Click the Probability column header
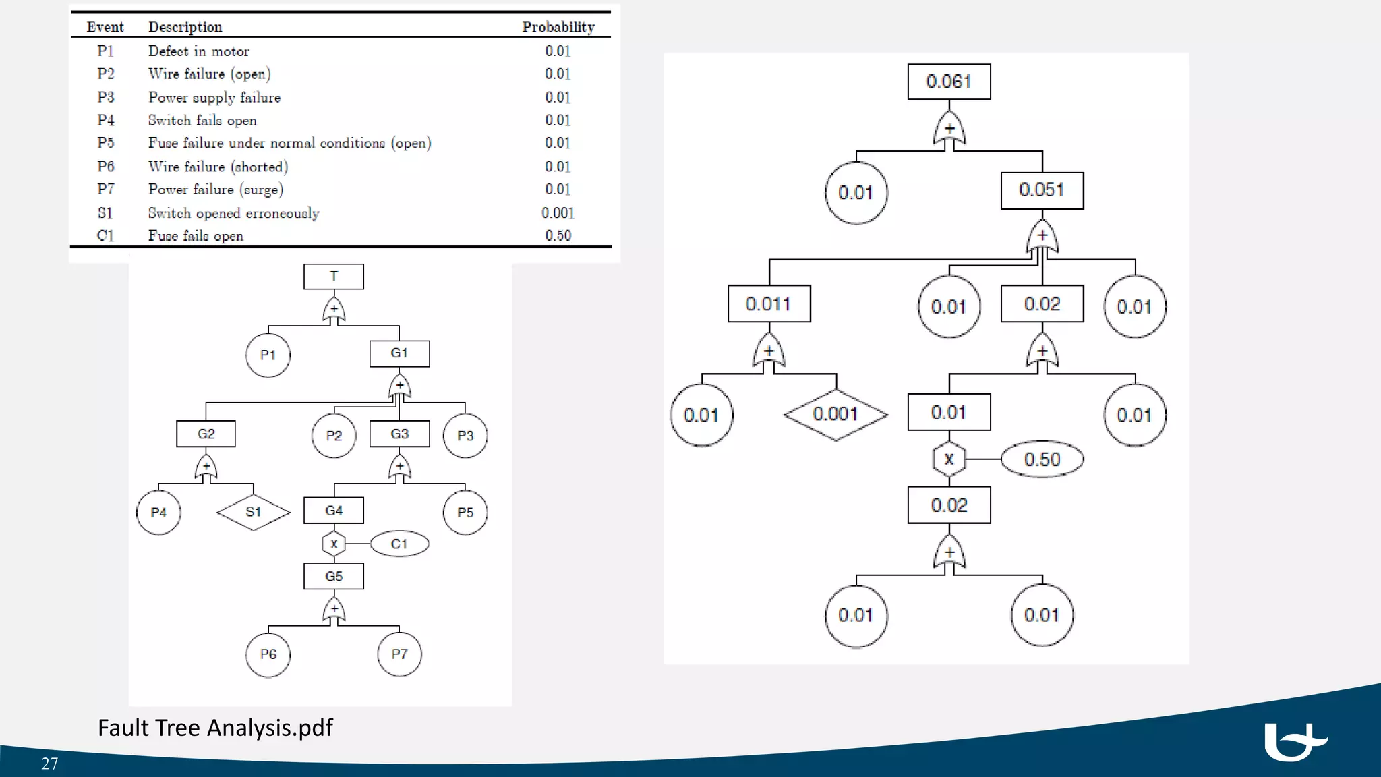coord(558,27)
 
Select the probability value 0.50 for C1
coord(558,235)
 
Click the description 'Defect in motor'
coord(198,51)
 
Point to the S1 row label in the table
coord(105,213)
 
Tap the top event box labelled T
coord(334,277)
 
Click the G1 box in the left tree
coord(399,353)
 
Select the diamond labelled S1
coord(254,512)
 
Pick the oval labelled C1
coord(399,544)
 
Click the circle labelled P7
coord(399,654)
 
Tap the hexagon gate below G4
coord(334,544)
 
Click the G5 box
coord(334,577)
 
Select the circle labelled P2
coord(334,436)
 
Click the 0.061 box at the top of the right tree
coord(949,82)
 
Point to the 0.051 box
coord(1042,190)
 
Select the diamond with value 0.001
coord(835,414)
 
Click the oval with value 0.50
coord(1042,459)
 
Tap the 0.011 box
coord(769,304)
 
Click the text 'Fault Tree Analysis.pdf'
coord(215,728)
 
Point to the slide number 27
coord(50,764)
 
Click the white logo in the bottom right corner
coord(1294,742)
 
